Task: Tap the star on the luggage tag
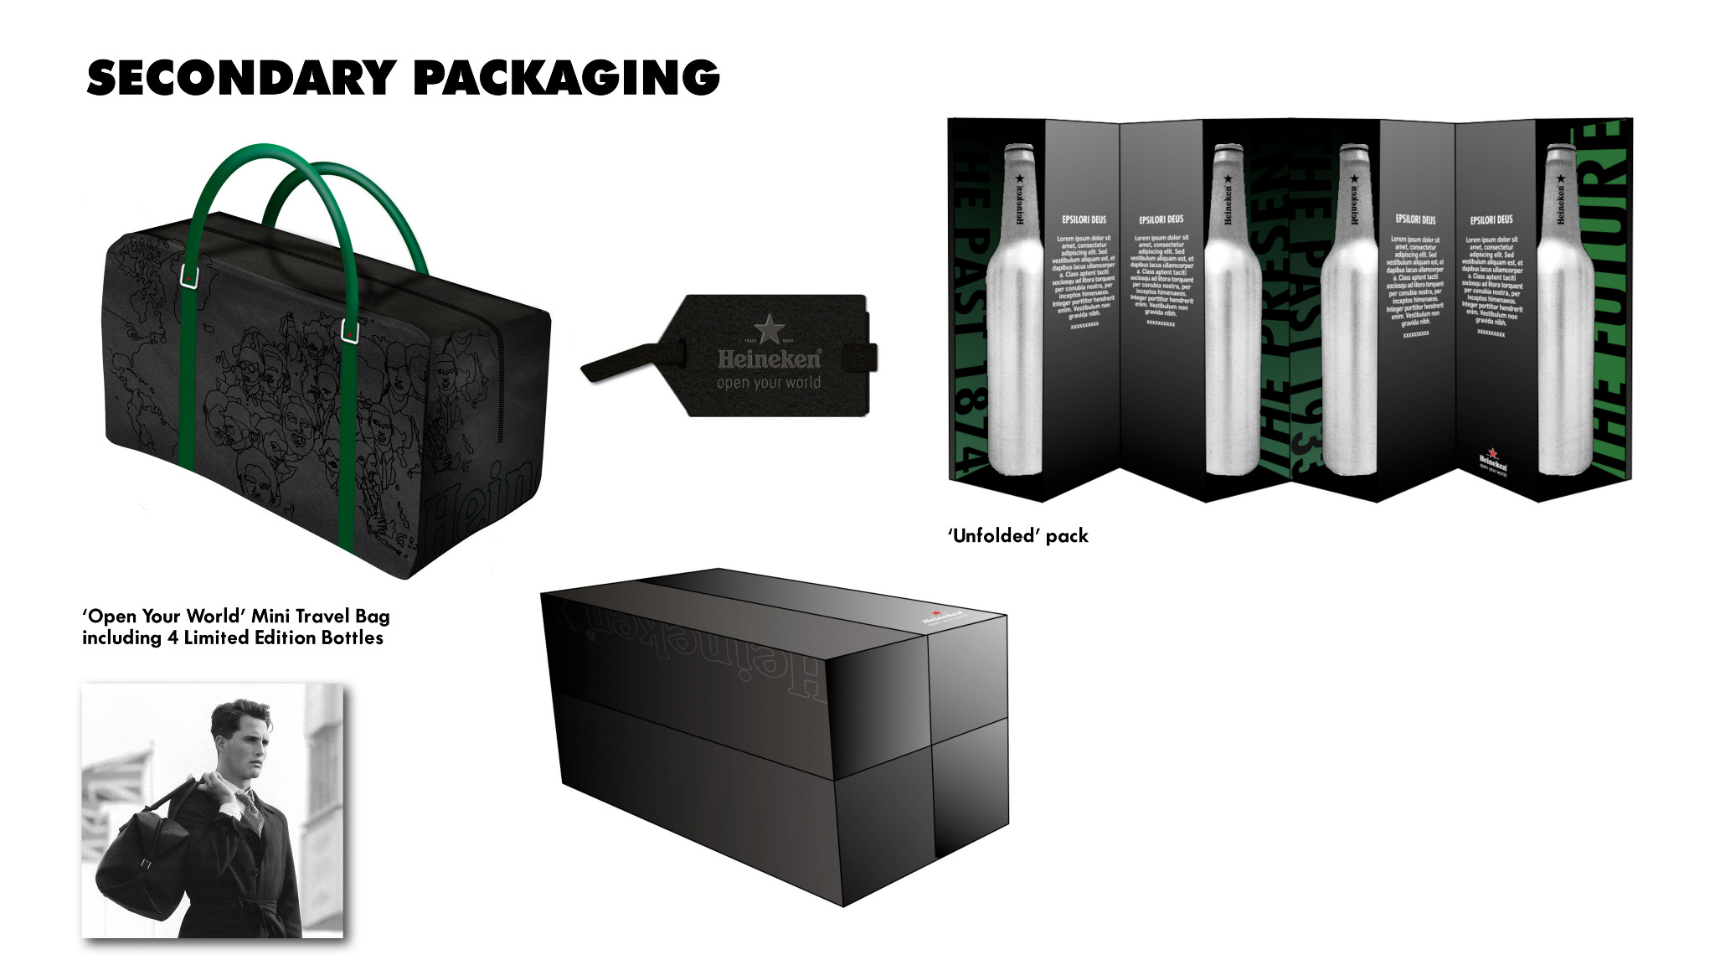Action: click(769, 328)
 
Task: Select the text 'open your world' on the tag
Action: click(768, 383)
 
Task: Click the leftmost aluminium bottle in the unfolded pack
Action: click(1014, 310)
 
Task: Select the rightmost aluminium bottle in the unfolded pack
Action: click(1564, 310)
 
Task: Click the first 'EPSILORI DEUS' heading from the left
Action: click(1084, 220)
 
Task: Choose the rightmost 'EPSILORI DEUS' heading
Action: click(1491, 220)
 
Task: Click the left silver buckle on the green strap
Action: click(190, 277)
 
